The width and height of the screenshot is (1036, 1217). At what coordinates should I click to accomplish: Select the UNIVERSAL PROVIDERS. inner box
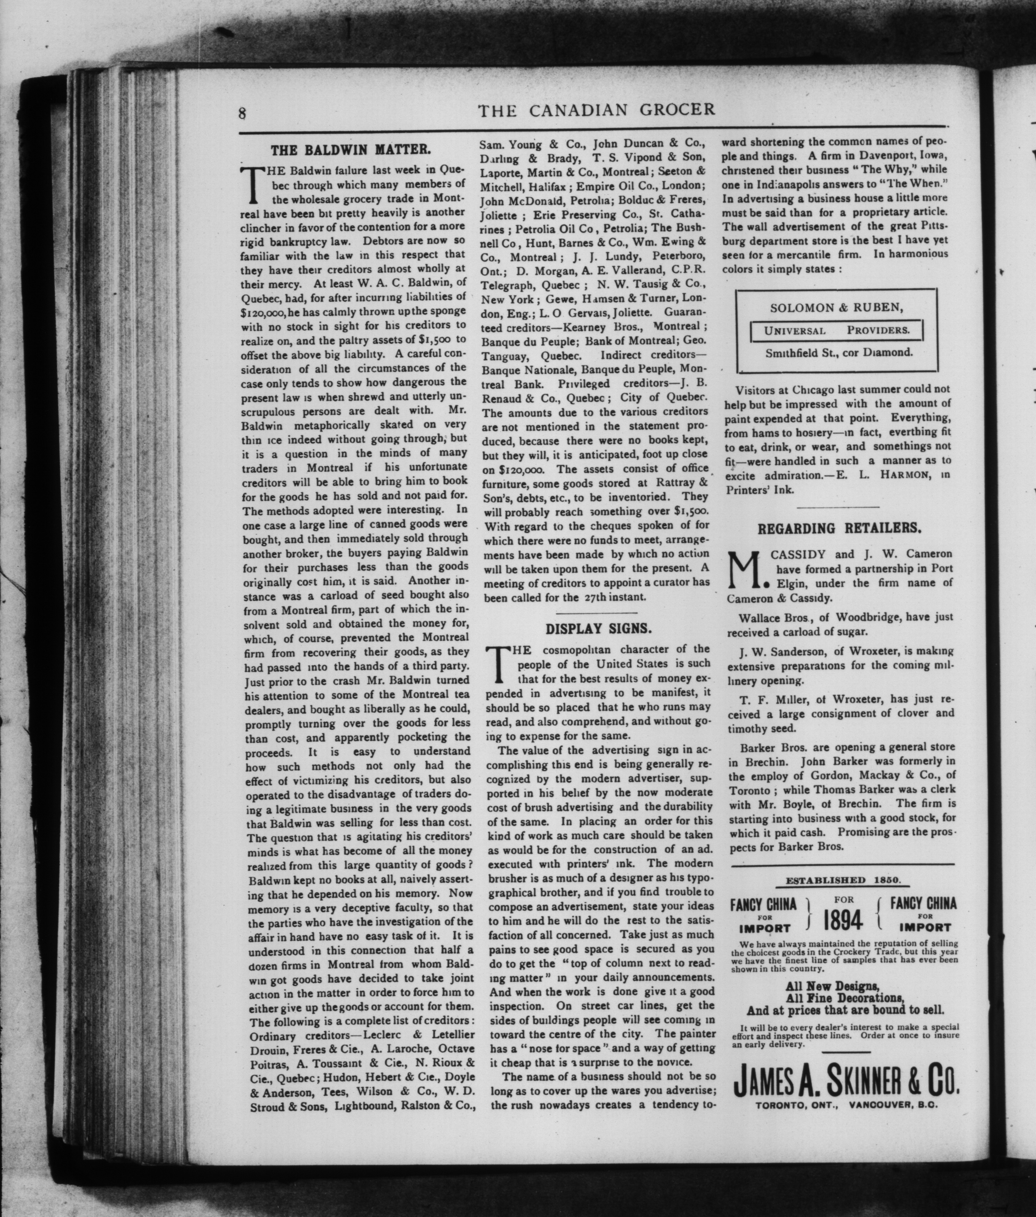pos(837,330)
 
